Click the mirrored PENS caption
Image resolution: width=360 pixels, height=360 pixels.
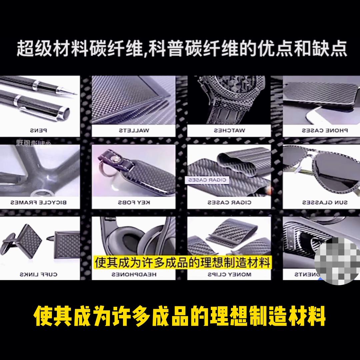pyautogui.click(x=40, y=130)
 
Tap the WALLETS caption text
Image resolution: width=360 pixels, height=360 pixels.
pyautogui.click(x=133, y=130)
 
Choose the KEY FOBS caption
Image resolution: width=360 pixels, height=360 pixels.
pyautogui.click(x=133, y=202)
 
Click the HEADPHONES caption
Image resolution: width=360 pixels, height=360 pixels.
pyautogui.click(x=133, y=274)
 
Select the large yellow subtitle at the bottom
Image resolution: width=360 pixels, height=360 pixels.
pyautogui.click(x=180, y=316)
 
